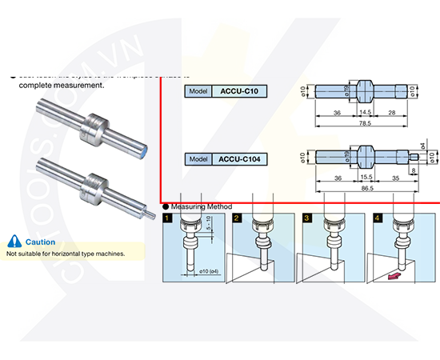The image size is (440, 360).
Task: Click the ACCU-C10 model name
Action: point(238,91)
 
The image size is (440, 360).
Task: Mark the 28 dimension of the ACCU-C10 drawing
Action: point(392,114)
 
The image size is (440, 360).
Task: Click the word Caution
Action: point(40,242)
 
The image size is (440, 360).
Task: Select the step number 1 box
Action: point(166,217)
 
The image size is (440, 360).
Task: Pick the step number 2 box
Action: point(237,217)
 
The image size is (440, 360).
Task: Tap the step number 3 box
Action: point(306,217)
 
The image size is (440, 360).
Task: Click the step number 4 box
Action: point(376,217)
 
